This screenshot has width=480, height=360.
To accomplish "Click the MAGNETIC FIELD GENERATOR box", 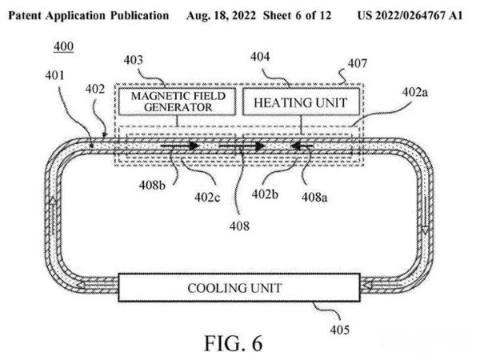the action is (177, 102).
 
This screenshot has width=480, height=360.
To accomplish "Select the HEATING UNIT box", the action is (301, 102).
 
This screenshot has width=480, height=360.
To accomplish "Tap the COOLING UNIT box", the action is (239, 288).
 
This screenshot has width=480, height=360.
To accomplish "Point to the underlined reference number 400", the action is (64, 46).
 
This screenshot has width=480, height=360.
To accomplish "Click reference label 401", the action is (54, 75).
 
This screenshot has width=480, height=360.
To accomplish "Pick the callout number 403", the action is (133, 60).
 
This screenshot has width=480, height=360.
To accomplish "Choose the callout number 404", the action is (260, 57).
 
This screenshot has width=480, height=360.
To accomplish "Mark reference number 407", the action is (358, 63).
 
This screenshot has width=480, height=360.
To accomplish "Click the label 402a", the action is (414, 92).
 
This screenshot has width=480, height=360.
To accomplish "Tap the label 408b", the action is (152, 185).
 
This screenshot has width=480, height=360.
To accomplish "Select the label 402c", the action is (207, 197).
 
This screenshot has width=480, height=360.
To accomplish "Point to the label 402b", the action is (265, 194).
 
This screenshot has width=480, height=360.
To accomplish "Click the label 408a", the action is (314, 197).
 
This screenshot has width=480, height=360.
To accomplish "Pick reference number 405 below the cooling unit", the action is (340, 330).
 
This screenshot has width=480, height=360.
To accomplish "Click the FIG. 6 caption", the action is (234, 343).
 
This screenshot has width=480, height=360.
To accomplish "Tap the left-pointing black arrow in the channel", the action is (302, 146).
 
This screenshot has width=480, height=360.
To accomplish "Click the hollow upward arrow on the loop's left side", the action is (54, 201).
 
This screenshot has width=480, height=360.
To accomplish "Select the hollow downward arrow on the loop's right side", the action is (425, 230).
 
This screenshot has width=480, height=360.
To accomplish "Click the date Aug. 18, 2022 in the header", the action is (221, 15).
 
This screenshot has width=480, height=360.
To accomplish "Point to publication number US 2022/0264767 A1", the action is (410, 15).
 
